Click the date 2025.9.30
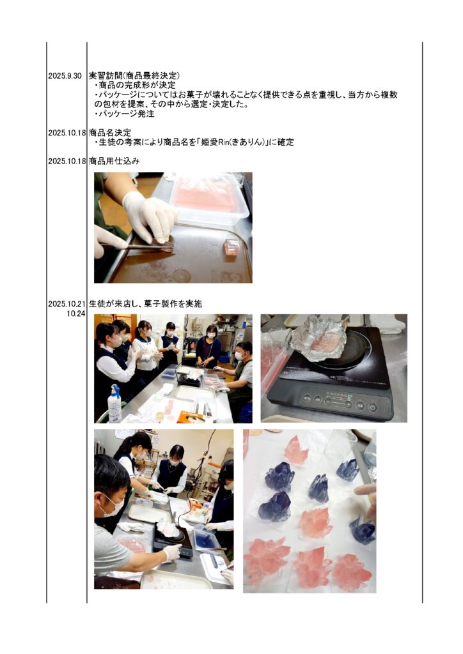(x=65, y=77)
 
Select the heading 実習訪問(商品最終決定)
(x=134, y=76)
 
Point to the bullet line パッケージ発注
(x=125, y=114)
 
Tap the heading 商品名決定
(x=110, y=133)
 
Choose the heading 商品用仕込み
(x=114, y=161)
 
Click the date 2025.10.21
(x=67, y=304)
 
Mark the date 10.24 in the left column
(x=76, y=314)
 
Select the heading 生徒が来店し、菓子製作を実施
(x=146, y=303)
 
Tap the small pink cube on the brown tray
(x=232, y=247)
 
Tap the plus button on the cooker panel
(x=349, y=404)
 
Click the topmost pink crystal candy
(x=297, y=449)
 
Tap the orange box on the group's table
(x=191, y=416)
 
